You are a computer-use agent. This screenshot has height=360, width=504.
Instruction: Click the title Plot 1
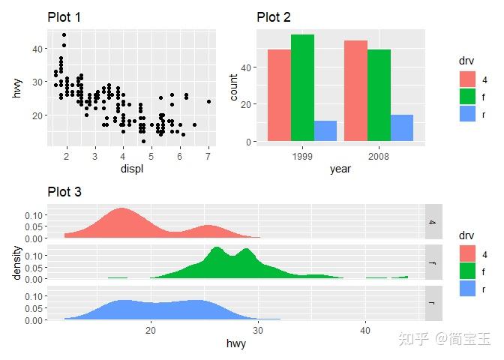[66, 17]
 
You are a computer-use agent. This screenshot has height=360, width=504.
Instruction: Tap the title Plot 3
[64, 191]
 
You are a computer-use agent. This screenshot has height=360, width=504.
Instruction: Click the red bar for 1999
[280, 95]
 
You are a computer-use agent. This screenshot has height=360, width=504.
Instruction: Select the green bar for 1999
[302, 88]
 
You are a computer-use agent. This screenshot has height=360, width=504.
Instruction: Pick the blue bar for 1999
[325, 130]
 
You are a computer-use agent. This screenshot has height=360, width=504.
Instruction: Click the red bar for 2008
[356, 91]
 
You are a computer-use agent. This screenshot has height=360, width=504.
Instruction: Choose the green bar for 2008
[379, 95]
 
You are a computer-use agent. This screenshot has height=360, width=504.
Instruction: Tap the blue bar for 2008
[401, 127]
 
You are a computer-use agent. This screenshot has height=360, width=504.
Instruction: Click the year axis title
[340, 169]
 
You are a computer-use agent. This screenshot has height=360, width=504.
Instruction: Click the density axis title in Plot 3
[16, 264]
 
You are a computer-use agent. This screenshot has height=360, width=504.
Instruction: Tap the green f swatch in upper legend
[468, 97]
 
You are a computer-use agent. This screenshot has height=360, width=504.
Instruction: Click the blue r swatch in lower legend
[468, 288]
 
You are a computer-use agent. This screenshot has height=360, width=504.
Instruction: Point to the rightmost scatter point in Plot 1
[208, 101]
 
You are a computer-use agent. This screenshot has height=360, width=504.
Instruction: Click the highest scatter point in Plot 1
[64, 34]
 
